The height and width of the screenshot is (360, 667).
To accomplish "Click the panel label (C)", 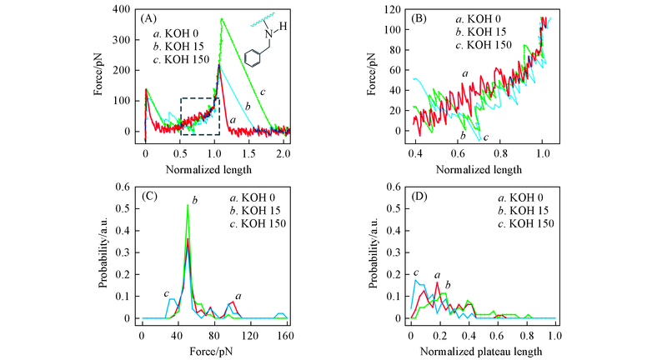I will click(151, 197).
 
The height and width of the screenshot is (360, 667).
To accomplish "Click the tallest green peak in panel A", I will click(221, 19).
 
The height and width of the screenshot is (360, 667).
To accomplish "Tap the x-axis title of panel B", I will click(478, 169).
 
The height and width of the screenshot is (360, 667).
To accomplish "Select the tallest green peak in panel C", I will click(188, 206).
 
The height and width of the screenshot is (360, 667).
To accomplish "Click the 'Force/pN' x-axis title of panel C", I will click(214, 350).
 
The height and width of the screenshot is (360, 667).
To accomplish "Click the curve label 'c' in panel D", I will click(414, 273).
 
